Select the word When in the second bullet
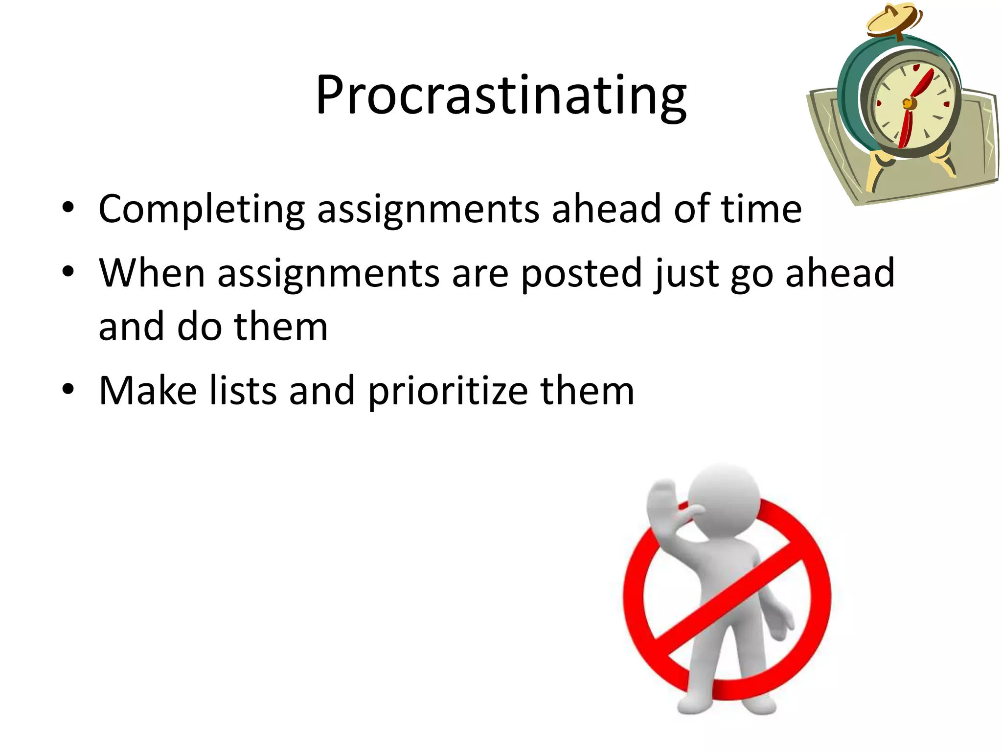point(152,273)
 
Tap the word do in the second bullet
point(199,327)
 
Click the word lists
point(243,391)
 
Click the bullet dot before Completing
point(68,208)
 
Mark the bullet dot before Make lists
point(68,390)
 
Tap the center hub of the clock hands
point(908,103)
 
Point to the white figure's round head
point(724,494)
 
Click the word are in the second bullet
point(480,274)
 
